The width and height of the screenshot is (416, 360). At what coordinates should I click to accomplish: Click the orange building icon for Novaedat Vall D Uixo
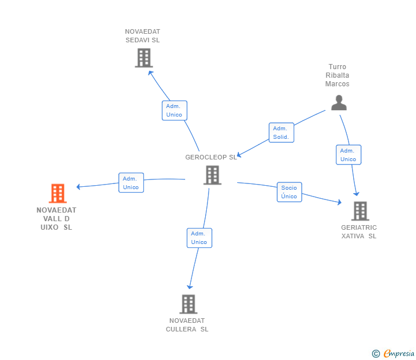58,194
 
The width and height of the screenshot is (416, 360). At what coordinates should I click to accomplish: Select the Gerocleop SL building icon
212,175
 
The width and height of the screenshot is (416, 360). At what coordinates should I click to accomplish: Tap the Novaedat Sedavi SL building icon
143,58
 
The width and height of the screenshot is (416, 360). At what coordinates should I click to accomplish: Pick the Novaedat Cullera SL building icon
189,304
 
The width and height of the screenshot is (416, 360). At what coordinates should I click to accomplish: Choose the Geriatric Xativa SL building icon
360,211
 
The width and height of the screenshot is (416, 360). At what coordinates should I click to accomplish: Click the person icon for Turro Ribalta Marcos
339,103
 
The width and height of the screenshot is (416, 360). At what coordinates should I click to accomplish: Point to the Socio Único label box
289,192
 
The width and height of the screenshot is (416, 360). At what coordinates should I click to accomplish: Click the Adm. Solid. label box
281,133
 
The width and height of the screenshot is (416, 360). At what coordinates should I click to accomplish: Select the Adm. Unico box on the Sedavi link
174,110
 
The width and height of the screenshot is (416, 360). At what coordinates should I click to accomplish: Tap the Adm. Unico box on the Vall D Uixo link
131,183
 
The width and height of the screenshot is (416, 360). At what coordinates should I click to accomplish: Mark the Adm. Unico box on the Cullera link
199,238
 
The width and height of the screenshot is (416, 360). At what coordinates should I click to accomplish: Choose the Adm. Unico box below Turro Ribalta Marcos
348,155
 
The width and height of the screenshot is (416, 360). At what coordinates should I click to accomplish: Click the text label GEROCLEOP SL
211,157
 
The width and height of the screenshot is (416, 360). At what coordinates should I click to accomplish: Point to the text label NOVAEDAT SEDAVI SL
143,36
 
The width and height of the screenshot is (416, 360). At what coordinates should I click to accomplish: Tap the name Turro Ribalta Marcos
338,75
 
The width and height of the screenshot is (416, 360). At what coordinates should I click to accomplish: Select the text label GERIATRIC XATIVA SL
359,231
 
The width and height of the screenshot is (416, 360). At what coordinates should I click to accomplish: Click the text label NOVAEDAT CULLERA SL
187,325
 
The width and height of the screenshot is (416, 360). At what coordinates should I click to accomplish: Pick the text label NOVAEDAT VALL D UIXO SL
57,218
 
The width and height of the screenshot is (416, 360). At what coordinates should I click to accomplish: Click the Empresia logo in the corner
399,354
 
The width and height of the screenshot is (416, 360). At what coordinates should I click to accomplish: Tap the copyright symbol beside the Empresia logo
376,354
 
